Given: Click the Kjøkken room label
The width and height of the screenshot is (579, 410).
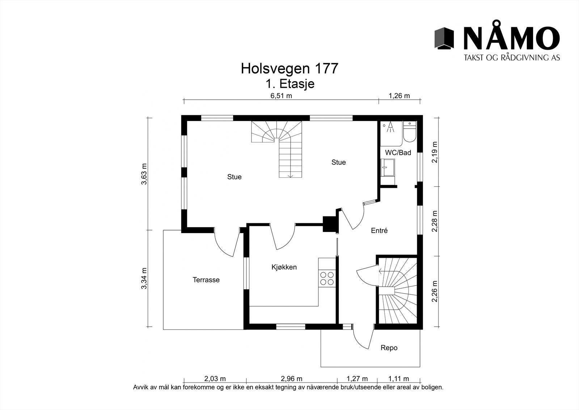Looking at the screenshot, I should pyautogui.click(x=284, y=268).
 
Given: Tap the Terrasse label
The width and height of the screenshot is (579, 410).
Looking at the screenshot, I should pyautogui.click(x=206, y=280).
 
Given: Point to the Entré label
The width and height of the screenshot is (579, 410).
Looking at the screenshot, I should pyautogui.click(x=379, y=231).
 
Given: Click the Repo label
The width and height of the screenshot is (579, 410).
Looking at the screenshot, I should pyautogui.click(x=389, y=348).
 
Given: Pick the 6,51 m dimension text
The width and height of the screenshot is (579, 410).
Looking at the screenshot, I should pyautogui.click(x=281, y=96).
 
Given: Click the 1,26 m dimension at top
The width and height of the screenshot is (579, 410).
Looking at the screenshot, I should pyautogui.click(x=399, y=96).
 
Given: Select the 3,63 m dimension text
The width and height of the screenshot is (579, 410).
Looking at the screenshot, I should pyautogui.click(x=144, y=174).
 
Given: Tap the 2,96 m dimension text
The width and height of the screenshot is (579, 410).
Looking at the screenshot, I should pyautogui.click(x=291, y=379).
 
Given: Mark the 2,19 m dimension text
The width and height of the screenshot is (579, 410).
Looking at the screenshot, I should pyautogui.click(x=435, y=152).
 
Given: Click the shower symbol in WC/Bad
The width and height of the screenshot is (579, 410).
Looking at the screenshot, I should pyautogui.click(x=390, y=127).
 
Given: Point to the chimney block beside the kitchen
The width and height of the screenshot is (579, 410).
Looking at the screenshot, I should pyautogui.click(x=330, y=224).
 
